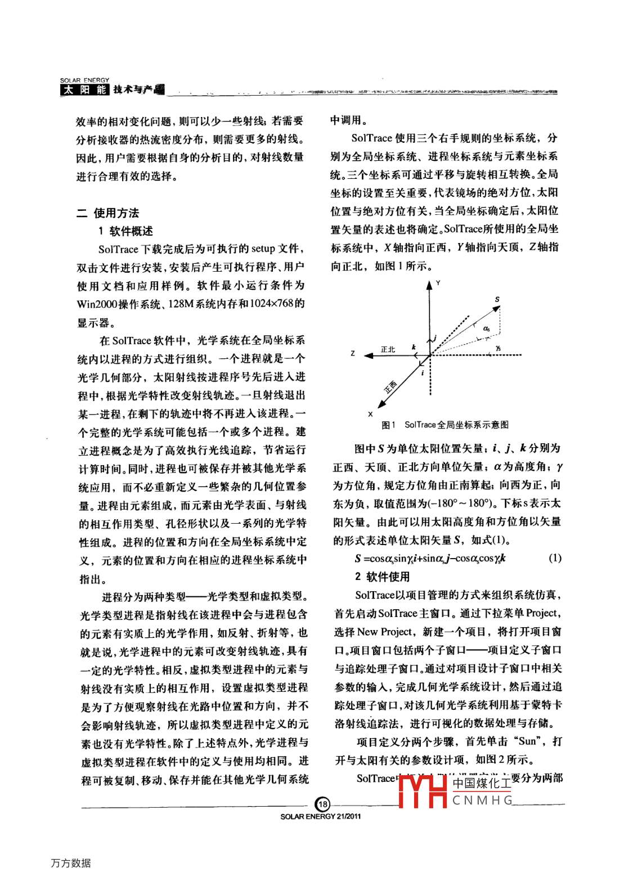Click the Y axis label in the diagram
tap(438, 283)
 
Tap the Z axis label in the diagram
tap(353, 353)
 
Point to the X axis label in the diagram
tap(370, 414)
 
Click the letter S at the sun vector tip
tap(497, 299)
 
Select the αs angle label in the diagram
tap(486, 328)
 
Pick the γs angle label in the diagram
tap(498, 349)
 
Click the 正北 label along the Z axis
tap(388, 349)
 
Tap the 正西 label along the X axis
tap(390, 386)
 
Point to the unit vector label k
tap(414, 347)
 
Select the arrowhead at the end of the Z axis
tap(369, 355)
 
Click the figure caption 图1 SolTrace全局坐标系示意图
tap(445, 425)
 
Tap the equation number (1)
tap(555, 557)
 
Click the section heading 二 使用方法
tap(107, 213)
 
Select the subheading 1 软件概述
tap(125, 231)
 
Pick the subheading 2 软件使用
tap(382, 576)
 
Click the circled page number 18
tap(323, 804)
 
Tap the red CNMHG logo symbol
tap(423, 791)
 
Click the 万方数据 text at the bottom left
tap(71, 863)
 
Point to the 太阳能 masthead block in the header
tap(84, 89)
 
